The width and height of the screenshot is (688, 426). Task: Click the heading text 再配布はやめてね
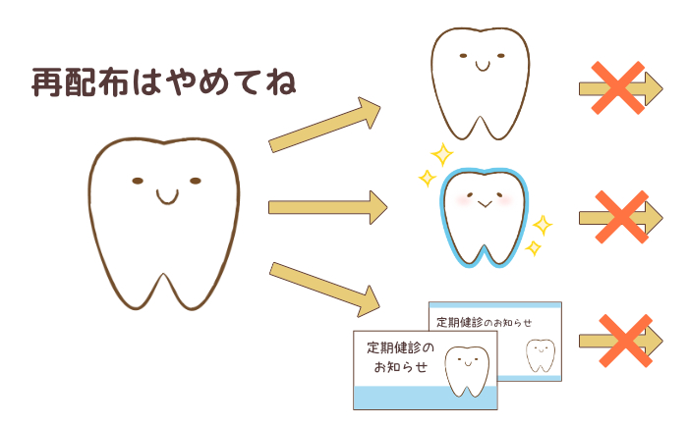coord(164,81)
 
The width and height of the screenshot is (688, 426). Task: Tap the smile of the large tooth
coord(167,198)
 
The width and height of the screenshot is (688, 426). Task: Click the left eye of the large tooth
coord(138,181)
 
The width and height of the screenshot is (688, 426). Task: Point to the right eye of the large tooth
coord(196,181)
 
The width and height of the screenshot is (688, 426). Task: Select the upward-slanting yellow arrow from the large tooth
coord(324,125)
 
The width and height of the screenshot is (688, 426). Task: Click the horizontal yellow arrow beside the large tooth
coord(327,207)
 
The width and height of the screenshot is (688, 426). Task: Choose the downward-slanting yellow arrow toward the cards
coord(324,290)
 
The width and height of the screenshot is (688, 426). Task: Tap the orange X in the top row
coord(618,88)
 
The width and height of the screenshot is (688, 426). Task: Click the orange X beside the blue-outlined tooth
coord(622,217)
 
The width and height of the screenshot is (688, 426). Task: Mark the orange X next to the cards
coord(626,341)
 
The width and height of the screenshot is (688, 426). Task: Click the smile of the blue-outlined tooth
coord(485,204)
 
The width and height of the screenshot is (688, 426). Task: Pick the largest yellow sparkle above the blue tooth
coord(442,154)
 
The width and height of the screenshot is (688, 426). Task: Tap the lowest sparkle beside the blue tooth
coord(534,248)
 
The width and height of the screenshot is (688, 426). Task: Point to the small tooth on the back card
coord(541,355)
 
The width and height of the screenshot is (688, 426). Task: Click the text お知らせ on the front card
coord(401,366)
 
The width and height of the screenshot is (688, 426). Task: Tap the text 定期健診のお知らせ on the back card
coord(484,323)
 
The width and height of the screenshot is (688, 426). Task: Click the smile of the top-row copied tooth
coord(483,66)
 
